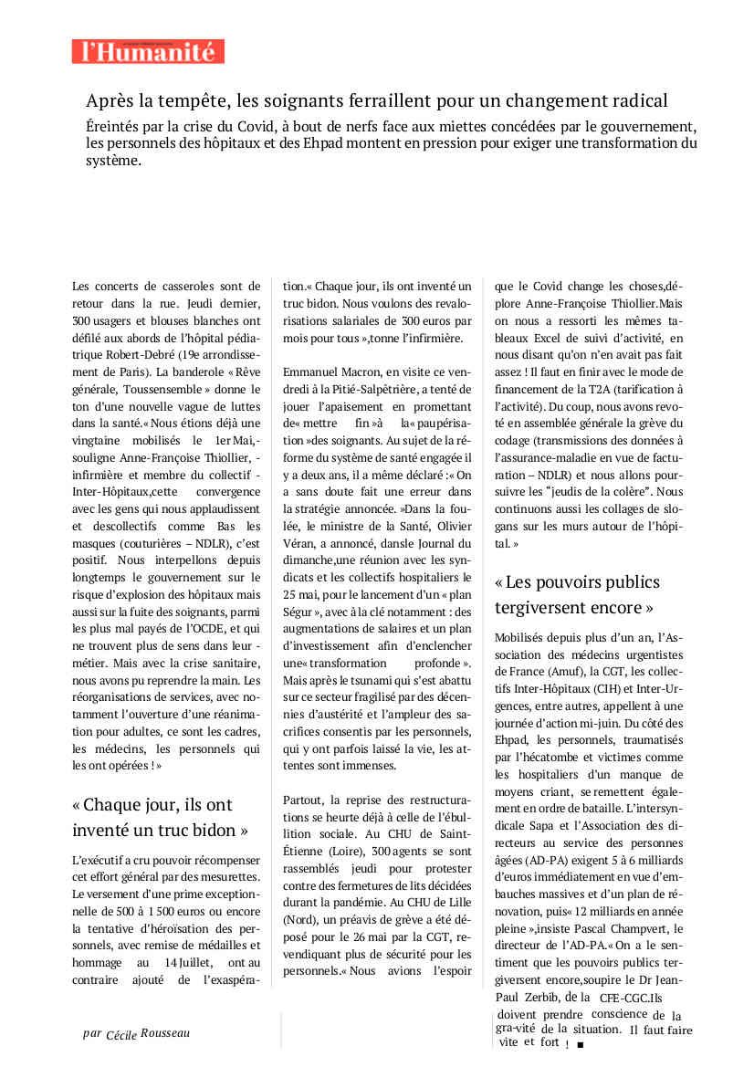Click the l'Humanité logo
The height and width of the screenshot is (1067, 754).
pyautogui.click(x=148, y=51)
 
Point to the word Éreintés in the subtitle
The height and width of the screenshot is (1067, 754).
pyautogui.click(x=118, y=126)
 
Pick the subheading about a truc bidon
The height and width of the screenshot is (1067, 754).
pyautogui.click(x=160, y=817)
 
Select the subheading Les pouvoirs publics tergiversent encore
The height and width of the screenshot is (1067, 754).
pyautogui.click(x=577, y=594)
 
